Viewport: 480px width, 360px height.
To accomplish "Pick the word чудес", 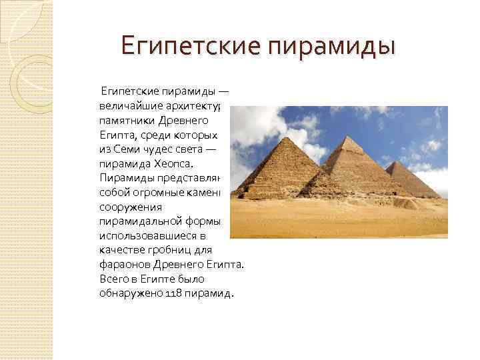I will point(157,149).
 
